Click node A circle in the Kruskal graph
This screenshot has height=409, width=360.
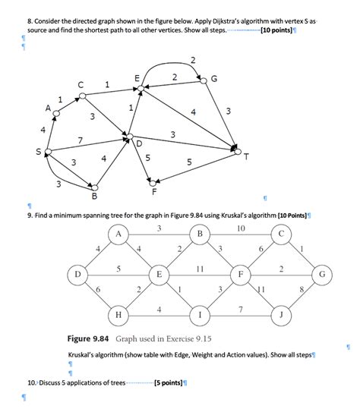[x=119, y=234]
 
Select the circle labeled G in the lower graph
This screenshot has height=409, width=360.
[x=322, y=272]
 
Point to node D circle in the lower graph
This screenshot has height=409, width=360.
[x=77, y=272]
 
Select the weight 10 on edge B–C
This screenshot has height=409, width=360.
[x=241, y=228]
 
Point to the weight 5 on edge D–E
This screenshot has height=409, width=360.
[x=118, y=267]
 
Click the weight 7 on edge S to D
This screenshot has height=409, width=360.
[x=79, y=140]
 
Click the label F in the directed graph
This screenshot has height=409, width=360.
[x=153, y=191]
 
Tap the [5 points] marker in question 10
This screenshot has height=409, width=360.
[x=168, y=382]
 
